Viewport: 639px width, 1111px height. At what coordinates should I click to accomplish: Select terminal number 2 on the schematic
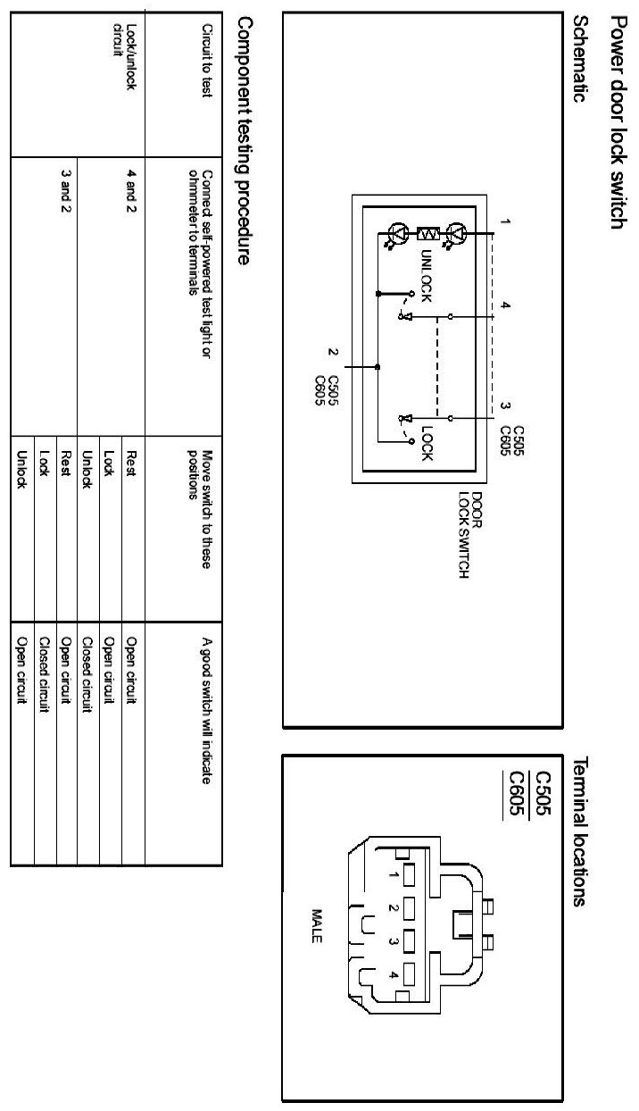click(331, 352)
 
